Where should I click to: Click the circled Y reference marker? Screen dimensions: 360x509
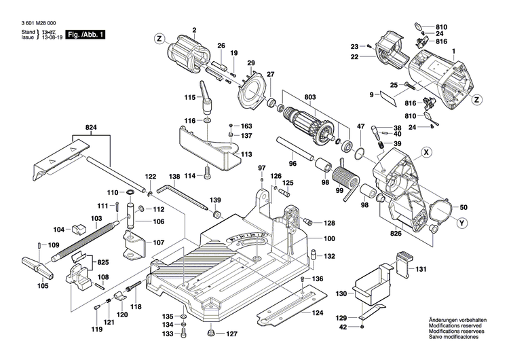462,222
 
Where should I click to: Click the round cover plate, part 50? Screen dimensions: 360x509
443,207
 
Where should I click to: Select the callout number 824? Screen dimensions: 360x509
91,127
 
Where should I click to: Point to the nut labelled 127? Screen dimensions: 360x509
212,333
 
